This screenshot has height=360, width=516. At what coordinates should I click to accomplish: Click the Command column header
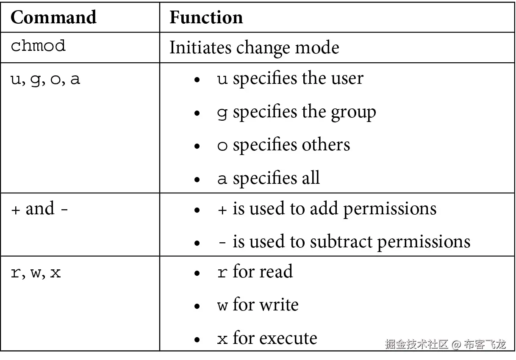(53, 17)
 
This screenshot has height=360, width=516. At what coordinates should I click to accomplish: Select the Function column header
(206, 17)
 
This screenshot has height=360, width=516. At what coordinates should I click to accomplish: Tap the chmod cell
(38, 46)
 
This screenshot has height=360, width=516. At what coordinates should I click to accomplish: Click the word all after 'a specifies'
(311, 178)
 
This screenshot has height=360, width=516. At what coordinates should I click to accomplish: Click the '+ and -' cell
(39, 209)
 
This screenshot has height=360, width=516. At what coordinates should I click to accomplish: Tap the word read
(276, 272)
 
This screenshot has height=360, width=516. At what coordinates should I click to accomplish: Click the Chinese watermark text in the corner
(445, 343)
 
